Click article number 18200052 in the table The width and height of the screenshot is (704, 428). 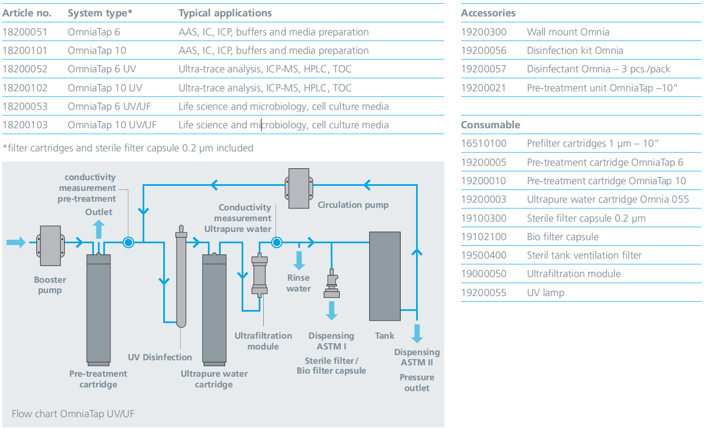point(25,69)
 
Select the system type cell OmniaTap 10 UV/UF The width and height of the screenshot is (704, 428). point(112,125)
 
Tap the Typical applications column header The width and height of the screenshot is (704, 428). point(225,13)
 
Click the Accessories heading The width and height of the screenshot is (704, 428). point(488,13)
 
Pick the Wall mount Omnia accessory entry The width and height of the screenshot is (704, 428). point(568,32)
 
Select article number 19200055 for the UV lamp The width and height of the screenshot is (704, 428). point(484,293)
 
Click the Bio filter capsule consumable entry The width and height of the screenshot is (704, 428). point(562,237)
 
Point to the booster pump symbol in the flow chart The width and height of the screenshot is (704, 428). point(50,246)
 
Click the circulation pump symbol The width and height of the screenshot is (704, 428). point(299,188)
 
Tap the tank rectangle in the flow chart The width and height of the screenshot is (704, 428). point(385,276)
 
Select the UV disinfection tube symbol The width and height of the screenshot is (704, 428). point(181,277)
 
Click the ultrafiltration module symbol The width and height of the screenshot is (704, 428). point(260,275)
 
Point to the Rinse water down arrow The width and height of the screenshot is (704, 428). point(299,261)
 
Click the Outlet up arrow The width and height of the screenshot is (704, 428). point(99,229)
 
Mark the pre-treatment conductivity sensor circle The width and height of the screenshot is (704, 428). point(128,242)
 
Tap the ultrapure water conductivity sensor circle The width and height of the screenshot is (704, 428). point(277,242)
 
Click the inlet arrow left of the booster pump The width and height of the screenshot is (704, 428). point(16,242)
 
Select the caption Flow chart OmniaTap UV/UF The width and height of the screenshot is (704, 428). point(73,414)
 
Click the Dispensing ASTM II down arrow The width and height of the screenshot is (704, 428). point(417,334)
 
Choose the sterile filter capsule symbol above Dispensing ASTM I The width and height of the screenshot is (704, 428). point(331,283)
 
